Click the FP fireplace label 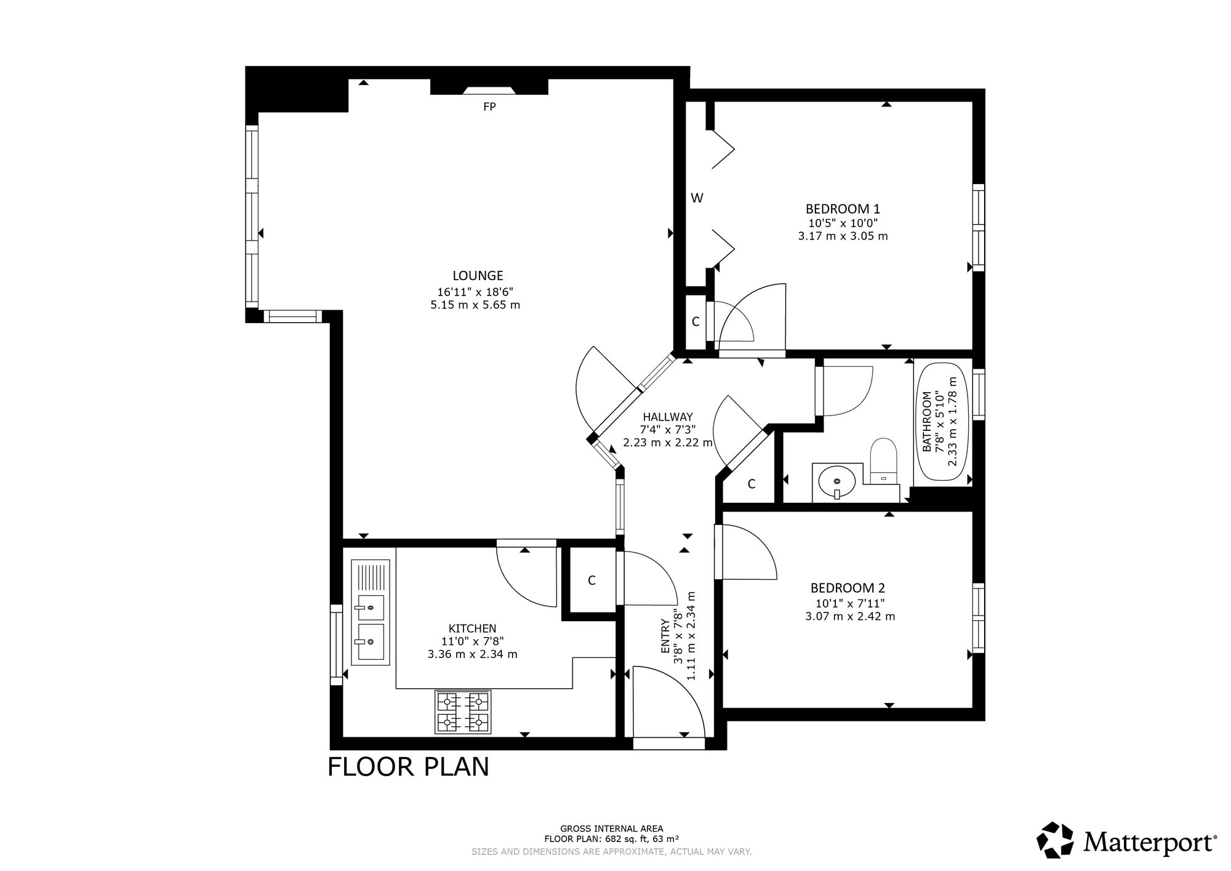pos(489,107)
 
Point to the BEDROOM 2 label pos(848,588)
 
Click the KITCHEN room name pos(472,628)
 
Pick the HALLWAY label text pos(668,417)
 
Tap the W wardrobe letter pos(697,198)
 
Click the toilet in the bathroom pos(884,460)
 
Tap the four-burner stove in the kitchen pos(463,712)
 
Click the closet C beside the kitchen pos(591,580)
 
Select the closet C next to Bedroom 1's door pos(696,321)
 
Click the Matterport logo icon pos(1056,840)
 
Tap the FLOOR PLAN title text pos(408,767)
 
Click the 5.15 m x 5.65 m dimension pos(475,305)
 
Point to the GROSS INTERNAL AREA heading pos(612,829)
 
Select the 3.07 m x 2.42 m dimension pos(850,616)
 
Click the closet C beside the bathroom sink pos(752,484)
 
